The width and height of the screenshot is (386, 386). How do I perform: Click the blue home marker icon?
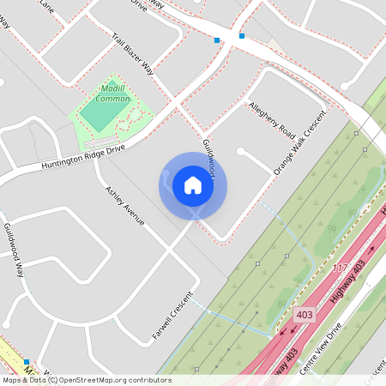(x=193, y=184)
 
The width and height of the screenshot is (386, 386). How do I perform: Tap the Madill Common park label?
(x=113, y=94)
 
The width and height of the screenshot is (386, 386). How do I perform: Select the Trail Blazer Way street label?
(x=133, y=54)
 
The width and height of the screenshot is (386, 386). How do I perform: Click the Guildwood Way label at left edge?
(x=15, y=250)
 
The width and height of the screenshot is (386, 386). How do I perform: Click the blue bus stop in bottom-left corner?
(x=27, y=362)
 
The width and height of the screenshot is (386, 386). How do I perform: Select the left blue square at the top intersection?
(x=217, y=39)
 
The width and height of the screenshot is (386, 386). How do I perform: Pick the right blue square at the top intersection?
(x=242, y=36)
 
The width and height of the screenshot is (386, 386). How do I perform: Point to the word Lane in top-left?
(x=46, y=8)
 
